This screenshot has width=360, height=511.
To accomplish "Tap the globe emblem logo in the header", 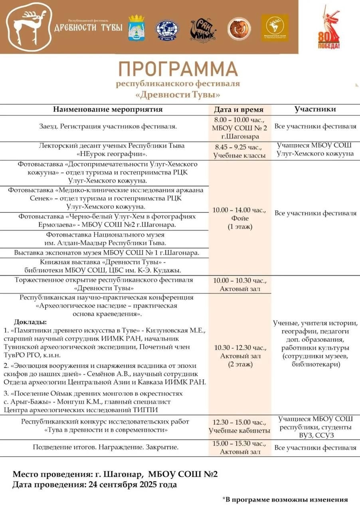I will pyautogui.click(x=167, y=29).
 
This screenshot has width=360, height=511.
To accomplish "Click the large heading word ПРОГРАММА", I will pyautogui.click(x=178, y=69).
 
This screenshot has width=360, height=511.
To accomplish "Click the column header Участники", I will pyautogui.click(x=315, y=109).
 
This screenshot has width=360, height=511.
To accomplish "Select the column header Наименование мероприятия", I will pyautogui.click(x=108, y=109).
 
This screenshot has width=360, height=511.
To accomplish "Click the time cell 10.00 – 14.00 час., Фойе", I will pyautogui.click(x=239, y=218).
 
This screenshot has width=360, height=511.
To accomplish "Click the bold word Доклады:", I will pyautogui.click(x=30, y=322).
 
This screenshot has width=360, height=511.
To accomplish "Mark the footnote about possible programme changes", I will pyautogui.click(x=285, y=499).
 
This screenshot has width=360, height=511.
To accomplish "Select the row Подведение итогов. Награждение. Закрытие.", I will pyautogui.click(x=105, y=447).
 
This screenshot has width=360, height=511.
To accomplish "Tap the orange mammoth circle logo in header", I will pyautogui.click(x=239, y=29).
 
